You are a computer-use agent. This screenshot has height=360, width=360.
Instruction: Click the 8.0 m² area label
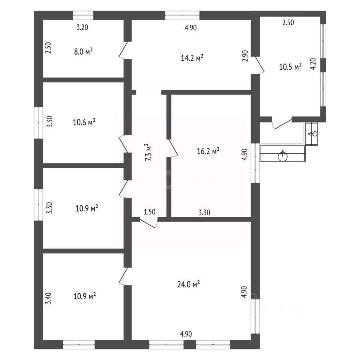[84, 52]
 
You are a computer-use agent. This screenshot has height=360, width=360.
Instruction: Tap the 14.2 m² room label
[192, 58]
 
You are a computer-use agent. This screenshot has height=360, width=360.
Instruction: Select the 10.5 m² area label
[291, 67]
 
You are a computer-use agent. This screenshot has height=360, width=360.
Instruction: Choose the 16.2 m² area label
[208, 151]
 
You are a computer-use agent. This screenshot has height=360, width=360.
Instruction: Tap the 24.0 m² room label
[190, 285]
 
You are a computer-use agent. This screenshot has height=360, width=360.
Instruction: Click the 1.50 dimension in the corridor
[150, 212]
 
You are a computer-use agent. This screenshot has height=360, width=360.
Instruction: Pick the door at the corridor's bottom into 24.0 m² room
[149, 222]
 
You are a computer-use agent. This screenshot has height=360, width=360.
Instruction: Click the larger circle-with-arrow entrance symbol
[282, 156]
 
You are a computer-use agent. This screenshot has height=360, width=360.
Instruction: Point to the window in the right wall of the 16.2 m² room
[255, 163]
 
